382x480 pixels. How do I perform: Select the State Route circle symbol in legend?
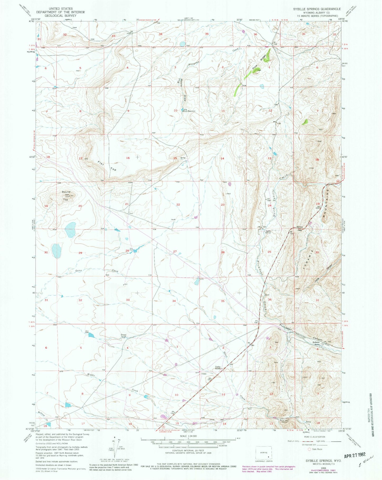(x=310, y=449)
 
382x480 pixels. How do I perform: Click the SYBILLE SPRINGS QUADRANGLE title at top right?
(x=317, y=9)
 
